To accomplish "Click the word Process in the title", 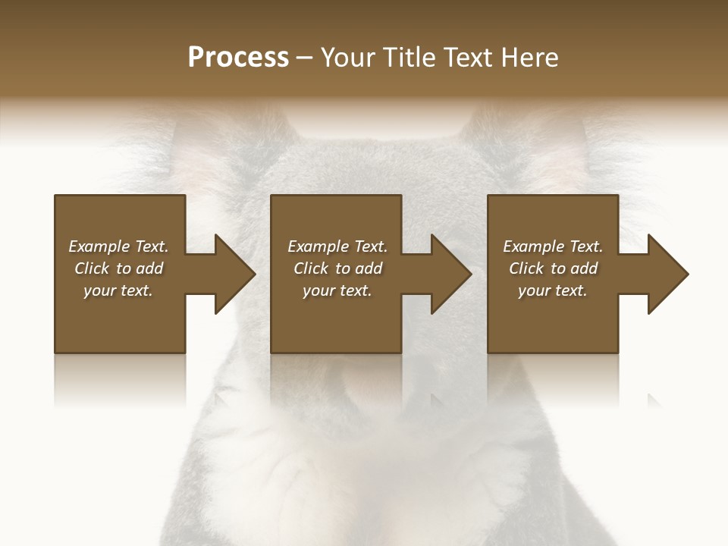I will [x=238, y=58].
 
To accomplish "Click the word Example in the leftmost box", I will [x=99, y=246].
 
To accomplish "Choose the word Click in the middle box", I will [x=312, y=268].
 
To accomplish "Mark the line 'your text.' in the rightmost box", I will [x=553, y=290].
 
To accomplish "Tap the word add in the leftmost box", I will [x=149, y=268].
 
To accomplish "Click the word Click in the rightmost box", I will [x=527, y=268].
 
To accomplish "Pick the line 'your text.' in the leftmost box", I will [x=118, y=290].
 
